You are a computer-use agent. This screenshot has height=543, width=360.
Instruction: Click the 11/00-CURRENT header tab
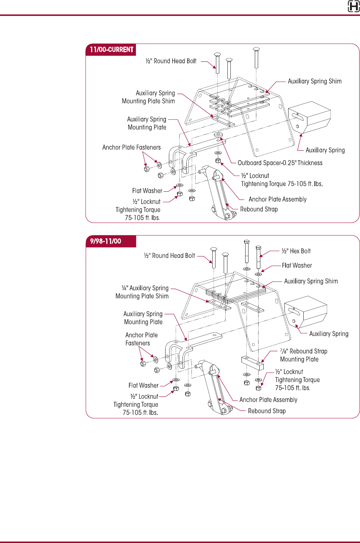(111, 50)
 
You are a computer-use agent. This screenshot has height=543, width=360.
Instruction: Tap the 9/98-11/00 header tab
(106, 241)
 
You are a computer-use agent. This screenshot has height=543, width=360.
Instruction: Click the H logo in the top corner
(354, 6)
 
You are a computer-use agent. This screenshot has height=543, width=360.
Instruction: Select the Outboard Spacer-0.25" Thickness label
(280, 163)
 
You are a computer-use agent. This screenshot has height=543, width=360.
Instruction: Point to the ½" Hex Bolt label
(296, 251)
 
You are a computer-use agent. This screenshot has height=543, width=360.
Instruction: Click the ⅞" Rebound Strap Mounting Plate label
(303, 355)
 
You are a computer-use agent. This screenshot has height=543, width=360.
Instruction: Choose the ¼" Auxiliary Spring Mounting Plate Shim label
(142, 292)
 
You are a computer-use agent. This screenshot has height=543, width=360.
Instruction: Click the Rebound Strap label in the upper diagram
(259, 209)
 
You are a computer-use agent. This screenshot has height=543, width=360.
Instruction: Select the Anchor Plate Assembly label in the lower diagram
(268, 400)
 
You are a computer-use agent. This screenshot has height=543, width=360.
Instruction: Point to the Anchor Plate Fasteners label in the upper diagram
(131, 147)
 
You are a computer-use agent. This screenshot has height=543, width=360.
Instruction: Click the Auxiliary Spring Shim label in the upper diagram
(315, 81)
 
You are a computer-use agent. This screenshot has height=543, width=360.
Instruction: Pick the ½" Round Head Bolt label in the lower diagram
(169, 255)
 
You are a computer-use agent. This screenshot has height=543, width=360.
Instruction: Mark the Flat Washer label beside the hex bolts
(297, 265)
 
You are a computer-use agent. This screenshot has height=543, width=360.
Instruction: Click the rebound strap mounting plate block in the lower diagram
(252, 363)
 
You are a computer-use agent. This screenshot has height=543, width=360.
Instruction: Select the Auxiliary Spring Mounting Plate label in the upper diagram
(147, 123)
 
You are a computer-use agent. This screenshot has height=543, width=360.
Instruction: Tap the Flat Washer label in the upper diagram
(147, 191)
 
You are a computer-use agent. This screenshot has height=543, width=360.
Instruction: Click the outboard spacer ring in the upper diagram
(218, 134)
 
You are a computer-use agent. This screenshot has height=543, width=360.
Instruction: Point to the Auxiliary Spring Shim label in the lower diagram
(311, 281)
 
